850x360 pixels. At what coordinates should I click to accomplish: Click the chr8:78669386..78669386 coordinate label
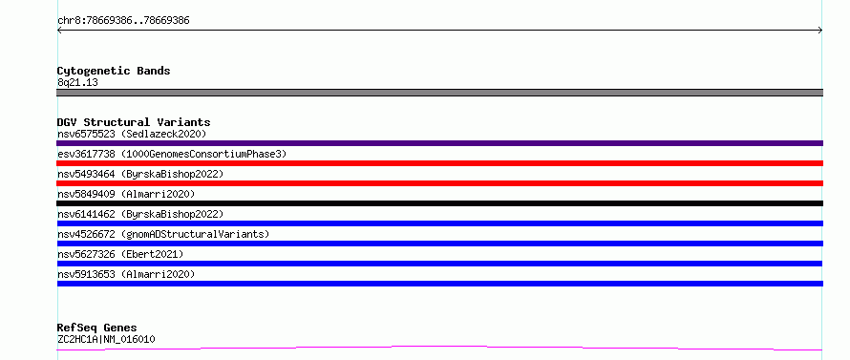[x=123, y=21]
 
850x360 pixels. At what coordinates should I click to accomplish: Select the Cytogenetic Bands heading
[x=114, y=71]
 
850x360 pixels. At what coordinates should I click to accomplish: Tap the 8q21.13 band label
[x=77, y=82]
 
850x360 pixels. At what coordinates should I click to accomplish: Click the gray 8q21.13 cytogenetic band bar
[x=439, y=93]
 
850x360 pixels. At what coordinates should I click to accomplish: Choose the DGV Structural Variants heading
[x=134, y=122]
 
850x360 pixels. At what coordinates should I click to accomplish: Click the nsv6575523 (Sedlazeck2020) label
[x=132, y=134]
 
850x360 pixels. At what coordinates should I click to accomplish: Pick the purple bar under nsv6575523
[x=439, y=143]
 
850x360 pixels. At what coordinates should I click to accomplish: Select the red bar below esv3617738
[x=439, y=163]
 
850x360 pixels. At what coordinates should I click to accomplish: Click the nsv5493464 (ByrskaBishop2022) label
[x=140, y=174]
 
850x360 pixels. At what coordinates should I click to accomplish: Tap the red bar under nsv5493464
[x=439, y=183]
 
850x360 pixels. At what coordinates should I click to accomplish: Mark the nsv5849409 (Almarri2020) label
[x=126, y=194]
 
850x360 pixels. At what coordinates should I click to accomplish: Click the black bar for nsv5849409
[x=439, y=203]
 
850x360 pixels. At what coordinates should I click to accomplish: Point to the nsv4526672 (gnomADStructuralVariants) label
[x=163, y=234]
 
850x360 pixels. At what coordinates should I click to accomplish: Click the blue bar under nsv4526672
[x=439, y=244]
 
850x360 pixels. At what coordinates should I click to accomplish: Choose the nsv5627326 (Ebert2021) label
[x=120, y=254]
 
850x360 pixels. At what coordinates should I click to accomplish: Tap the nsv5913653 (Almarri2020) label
[x=126, y=274]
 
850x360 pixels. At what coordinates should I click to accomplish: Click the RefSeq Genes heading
[x=96, y=328]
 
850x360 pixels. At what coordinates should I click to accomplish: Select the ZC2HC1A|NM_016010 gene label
[x=106, y=339]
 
